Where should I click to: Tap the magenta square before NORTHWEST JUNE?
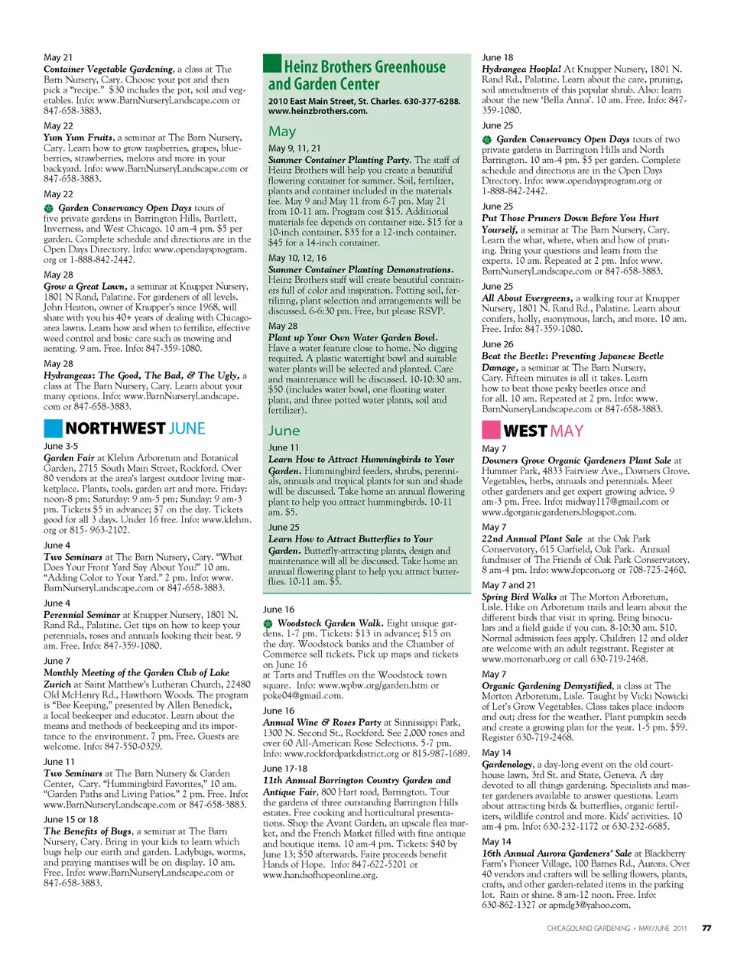coord(53,428)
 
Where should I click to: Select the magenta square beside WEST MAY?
coord(491,430)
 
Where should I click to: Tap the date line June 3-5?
coord(60,446)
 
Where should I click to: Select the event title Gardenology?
coord(507,764)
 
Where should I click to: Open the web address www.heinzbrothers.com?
coord(307,111)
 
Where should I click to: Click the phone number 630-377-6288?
coord(432,101)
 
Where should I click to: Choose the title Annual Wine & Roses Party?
coord(322,722)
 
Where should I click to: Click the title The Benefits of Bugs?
coord(87,831)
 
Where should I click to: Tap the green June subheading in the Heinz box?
coord(284,431)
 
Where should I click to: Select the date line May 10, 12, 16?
coord(297,258)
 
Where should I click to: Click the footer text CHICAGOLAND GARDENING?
coord(589,928)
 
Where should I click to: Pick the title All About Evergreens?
coord(527,298)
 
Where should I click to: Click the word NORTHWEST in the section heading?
coord(115,428)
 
